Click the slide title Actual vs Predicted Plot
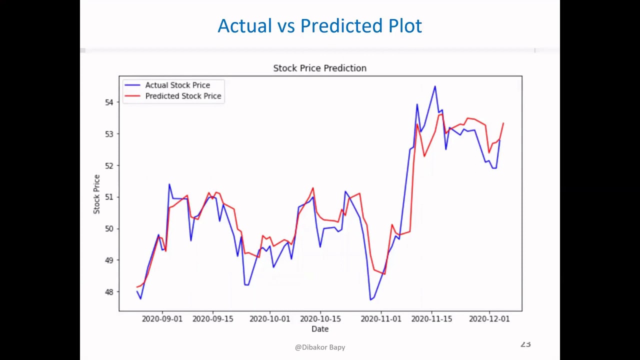tap(319, 26)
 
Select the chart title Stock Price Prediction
tap(319, 68)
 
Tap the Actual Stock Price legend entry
tap(177, 85)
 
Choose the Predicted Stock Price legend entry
tap(182, 96)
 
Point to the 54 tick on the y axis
tap(109, 102)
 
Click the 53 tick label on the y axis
tap(109, 134)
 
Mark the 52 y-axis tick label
tap(109, 165)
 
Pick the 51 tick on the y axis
tap(109, 197)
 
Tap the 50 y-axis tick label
tap(109, 229)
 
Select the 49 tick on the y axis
tap(109, 260)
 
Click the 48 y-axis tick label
tap(109, 292)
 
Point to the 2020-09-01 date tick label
tap(162, 319)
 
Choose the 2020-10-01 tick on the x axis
tap(270, 319)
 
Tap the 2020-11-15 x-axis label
tap(431, 319)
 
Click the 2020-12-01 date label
tap(489, 319)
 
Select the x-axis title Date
tap(320, 329)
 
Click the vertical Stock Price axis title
tap(96, 194)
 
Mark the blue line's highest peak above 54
tap(434, 87)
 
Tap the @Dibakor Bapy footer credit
tap(320, 347)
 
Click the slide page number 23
tap(525, 344)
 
